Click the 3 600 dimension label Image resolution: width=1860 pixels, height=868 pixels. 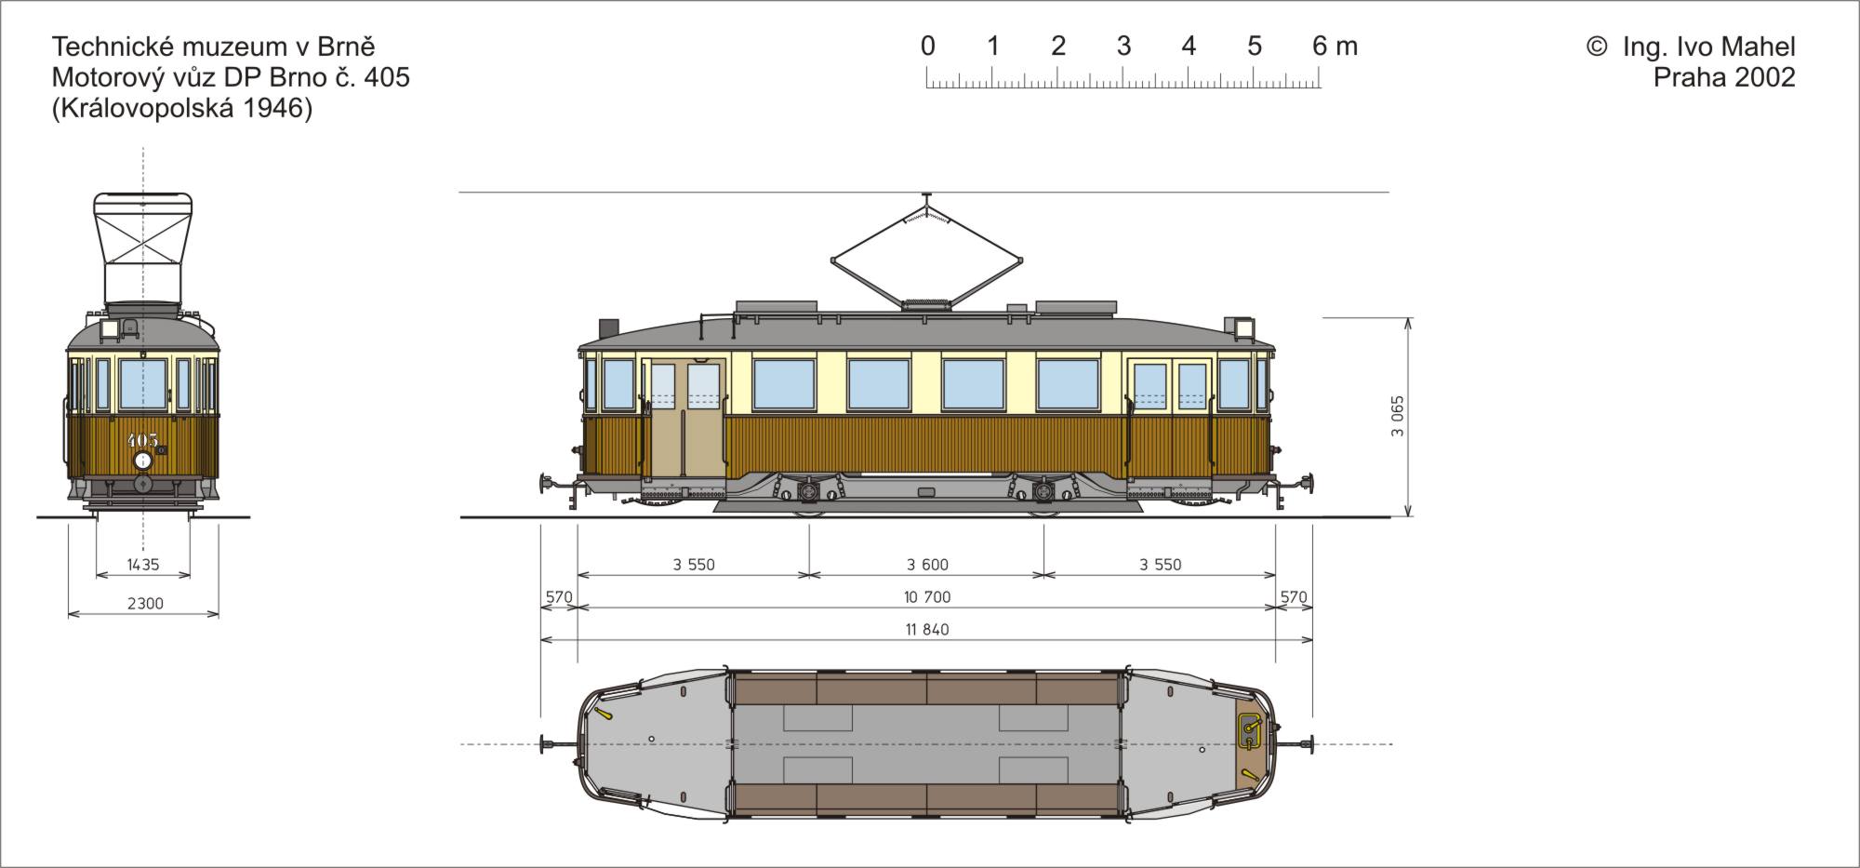[927, 565]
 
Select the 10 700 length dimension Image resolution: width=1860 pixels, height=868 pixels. [927, 597]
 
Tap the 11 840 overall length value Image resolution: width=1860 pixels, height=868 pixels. [927, 630]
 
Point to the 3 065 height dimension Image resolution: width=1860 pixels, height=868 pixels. [1398, 417]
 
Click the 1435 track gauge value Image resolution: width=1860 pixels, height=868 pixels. [143, 565]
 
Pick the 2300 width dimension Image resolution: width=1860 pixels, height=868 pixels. [145, 604]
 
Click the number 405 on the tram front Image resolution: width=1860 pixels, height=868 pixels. [142, 440]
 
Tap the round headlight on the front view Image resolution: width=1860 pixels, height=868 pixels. [142, 461]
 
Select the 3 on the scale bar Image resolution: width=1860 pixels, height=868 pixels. [1123, 46]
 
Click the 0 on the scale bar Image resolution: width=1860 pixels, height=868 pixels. [927, 46]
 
